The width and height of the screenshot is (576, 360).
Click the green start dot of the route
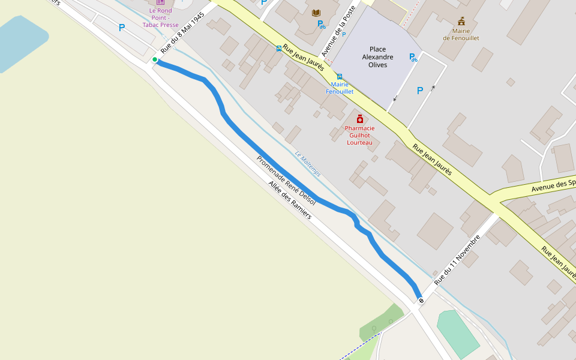click(x=155, y=59)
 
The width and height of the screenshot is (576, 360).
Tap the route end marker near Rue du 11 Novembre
click(x=421, y=300)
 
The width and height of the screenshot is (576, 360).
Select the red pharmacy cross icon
click(x=360, y=119)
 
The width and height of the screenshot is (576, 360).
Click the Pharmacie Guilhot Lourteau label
click(x=360, y=135)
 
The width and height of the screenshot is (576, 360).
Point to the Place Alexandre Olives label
click(x=378, y=57)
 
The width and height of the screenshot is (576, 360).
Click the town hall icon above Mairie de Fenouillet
click(x=461, y=21)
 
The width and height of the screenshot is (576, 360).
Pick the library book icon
click(x=316, y=13)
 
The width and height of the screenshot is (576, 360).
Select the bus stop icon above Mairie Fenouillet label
click(x=340, y=76)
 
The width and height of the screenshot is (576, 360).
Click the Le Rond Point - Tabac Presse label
click(x=160, y=17)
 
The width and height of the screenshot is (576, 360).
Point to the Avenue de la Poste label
click(x=339, y=31)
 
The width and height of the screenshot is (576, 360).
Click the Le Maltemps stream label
click(x=307, y=163)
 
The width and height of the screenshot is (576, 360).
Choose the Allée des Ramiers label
click(x=290, y=200)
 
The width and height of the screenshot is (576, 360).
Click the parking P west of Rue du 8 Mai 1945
click(x=122, y=28)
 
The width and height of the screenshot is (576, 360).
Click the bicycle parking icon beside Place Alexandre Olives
click(x=413, y=58)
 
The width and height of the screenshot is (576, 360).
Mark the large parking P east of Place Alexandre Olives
click(x=420, y=91)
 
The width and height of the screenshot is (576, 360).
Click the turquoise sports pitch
click(x=458, y=333)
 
